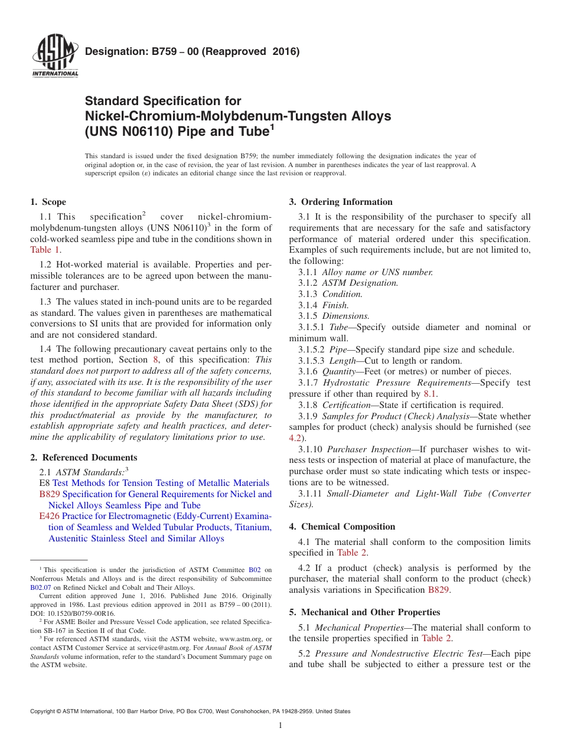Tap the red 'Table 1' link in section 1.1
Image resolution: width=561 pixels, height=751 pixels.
pyautogui.click(x=45, y=250)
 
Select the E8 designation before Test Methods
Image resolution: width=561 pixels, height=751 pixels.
pyautogui.click(x=44, y=483)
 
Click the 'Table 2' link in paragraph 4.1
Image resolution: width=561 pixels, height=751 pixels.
pyautogui.click(x=352, y=553)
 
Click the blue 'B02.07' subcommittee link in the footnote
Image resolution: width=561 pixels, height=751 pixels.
pyautogui.click(x=41, y=587)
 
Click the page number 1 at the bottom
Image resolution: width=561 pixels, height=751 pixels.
pyautogui.click(x=280, y=726)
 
